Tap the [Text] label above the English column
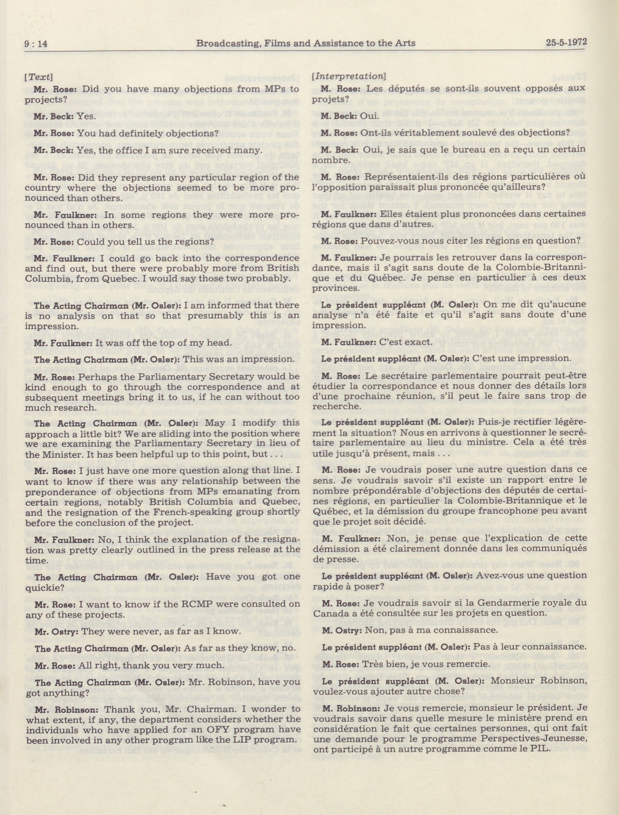click(38, 78)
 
